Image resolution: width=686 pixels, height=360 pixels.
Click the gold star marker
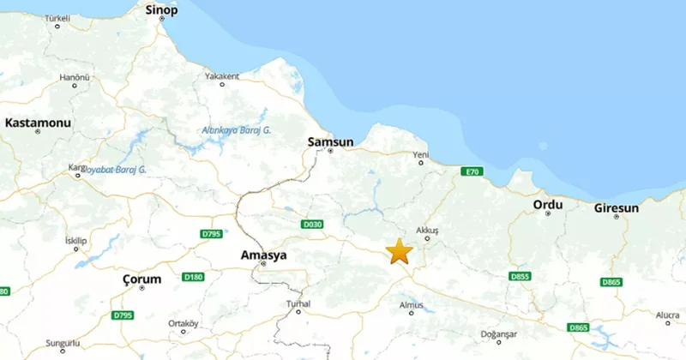[399, 251]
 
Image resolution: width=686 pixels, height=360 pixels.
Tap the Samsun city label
[330, 141]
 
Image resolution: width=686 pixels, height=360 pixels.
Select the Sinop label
[162, 10]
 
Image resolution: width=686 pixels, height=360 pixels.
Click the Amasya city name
[263, 255]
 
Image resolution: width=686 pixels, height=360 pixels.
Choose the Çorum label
[141, 279]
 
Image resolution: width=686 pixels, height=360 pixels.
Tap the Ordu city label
[547, 205]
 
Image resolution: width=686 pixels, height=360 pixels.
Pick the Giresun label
[617, 208]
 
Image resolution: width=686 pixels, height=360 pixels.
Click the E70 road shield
[471, 172]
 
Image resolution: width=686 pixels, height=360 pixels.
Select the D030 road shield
[312, 225]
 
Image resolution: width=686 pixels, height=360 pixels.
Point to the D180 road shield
[194, 277]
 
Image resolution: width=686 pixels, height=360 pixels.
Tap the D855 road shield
[520, 277]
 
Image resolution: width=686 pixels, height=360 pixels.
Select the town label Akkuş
[426, 231]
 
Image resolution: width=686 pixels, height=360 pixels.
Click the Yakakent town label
[222, 75]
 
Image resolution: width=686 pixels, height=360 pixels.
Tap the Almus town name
[412, 304]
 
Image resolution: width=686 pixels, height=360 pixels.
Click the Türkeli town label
[57, 17]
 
